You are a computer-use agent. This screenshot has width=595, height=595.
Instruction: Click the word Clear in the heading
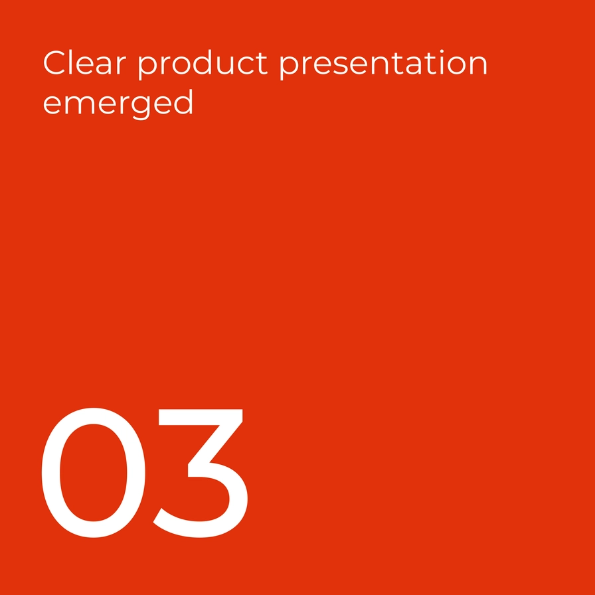click(x=84, y=62)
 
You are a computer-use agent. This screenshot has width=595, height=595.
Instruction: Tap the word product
click(x=203, y=64)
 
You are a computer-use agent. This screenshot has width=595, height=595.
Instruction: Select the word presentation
click(x=383, y=64)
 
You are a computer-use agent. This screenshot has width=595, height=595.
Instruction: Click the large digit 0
click(x=93, y=472)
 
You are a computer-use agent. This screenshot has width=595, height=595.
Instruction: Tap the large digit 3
click(x=201, y=473)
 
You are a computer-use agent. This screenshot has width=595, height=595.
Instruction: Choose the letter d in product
click(x=203, y=62)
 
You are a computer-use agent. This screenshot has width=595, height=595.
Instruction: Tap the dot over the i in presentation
click(x=442, y=51)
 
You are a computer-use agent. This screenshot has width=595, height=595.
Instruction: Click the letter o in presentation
click(x=456, y=66)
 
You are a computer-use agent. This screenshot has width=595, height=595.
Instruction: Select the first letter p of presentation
click(x=290, y=68)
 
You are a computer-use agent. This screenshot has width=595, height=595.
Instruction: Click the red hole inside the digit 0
click(x=93, y=472)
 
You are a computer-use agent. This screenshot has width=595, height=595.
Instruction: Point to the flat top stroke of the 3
click(x=201, y=417)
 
